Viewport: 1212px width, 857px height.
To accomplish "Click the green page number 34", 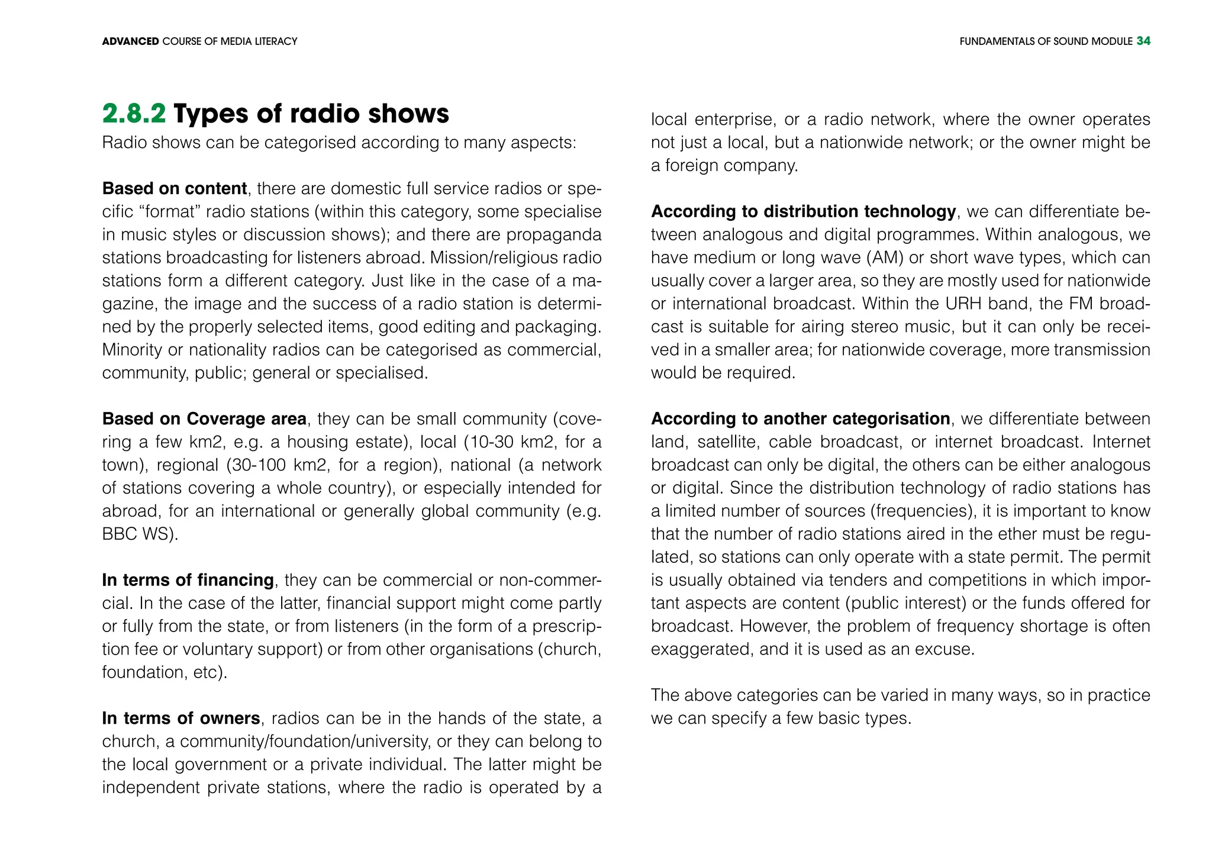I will point(1143,41).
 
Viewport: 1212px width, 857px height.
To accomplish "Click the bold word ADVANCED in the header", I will point(130,41).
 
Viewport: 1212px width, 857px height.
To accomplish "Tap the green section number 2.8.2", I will point(134,114).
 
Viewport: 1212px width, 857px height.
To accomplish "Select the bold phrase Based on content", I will point(175,188).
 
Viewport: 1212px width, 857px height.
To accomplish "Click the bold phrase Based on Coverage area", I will point(204,418).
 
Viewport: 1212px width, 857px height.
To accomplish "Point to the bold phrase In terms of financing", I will point(188,579).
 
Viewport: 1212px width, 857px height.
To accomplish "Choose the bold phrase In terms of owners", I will point(181,718).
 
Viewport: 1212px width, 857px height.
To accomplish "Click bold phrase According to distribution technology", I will point(803,211).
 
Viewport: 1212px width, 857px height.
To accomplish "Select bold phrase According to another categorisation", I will point(800,418).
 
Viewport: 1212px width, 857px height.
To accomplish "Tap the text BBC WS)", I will point(140,534).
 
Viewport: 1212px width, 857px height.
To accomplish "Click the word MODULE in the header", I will point(1111,41).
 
